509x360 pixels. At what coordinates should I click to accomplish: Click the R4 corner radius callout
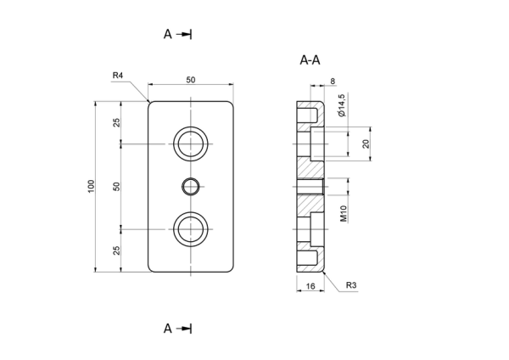coord(118,76)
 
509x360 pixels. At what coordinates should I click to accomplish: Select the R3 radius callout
coord(351,285)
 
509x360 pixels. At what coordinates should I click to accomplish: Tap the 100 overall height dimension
coord(92,186)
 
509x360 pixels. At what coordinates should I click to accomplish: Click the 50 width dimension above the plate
coord(191,80)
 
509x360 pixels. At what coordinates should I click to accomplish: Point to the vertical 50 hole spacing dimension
coord(116,187)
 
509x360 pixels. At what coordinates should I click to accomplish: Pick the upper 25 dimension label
coord(116,122)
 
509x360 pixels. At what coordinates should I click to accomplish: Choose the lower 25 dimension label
coord(116,250)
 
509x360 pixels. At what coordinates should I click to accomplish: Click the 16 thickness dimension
coord(310,286)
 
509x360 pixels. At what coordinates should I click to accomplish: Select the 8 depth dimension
coord(333,81)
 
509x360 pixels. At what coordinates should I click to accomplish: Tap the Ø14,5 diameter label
coord(342,105)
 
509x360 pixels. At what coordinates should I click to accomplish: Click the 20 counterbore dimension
coord(366,143)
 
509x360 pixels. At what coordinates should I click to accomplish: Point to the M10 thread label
coord(344,213)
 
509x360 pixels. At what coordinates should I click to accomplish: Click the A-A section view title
coord(310,60)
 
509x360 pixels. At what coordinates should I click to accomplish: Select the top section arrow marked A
coord(177,34)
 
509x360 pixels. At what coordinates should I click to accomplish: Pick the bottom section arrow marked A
coord(177,329)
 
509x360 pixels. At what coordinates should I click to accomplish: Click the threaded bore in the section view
coord(310,187)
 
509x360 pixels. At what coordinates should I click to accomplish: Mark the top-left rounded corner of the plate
coord(149,103)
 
